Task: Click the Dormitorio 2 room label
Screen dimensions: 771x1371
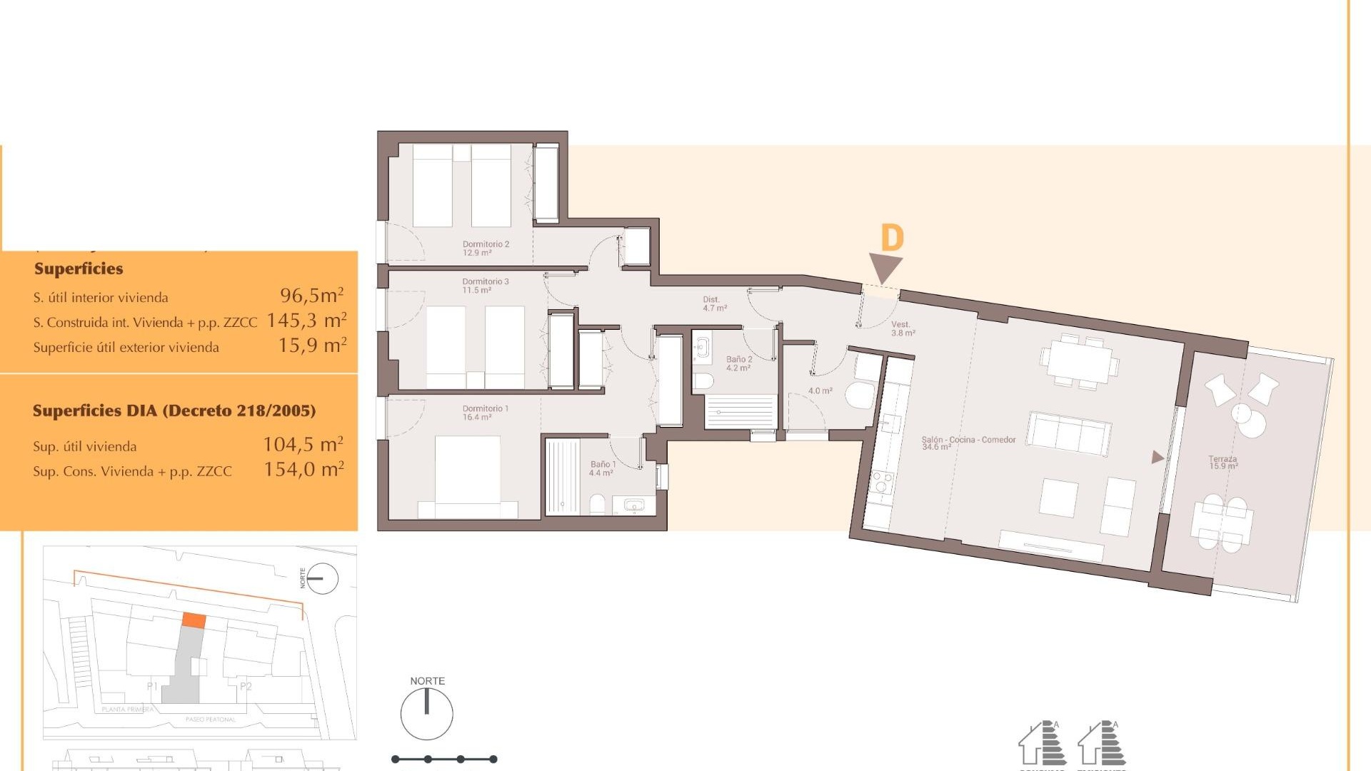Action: point(486,248)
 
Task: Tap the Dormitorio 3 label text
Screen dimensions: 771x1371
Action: point(486,286)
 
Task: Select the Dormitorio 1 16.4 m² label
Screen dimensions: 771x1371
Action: point(486,413)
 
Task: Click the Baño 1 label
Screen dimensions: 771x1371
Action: point(602,468)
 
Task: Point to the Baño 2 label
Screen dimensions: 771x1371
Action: point(739,363)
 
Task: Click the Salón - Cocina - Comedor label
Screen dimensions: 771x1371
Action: point(968,443)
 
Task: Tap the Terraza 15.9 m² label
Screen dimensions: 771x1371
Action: point(1222,463)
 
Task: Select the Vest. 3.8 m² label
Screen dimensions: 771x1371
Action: point(903,328)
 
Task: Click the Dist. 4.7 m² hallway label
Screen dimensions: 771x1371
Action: point(714,304)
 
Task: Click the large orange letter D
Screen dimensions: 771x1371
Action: point(892,238)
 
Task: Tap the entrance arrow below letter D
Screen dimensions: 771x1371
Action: point(885,268)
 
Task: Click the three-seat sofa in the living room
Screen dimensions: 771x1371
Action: point(1068,432)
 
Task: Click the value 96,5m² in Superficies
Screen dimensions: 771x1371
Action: point(311,296)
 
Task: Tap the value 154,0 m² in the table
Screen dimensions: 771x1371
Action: point(303,470)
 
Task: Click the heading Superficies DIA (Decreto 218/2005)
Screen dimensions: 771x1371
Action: point(174,410)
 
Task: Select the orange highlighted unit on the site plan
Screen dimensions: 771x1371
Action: point(194,620)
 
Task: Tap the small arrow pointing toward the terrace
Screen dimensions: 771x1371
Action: point(1157,458)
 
